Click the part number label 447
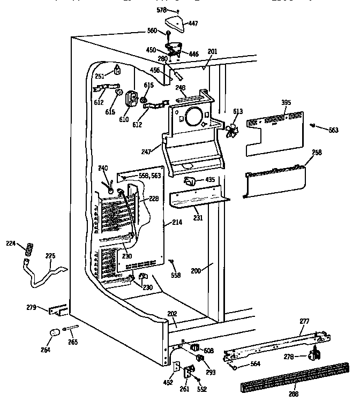pos(192,24)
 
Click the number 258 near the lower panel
pos(317,153)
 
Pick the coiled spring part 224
pos(30,249)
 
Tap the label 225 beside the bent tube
pos(50,256)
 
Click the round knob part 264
pos(54,333)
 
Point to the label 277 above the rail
pos(304,321)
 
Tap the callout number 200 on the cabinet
pos(197,271)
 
